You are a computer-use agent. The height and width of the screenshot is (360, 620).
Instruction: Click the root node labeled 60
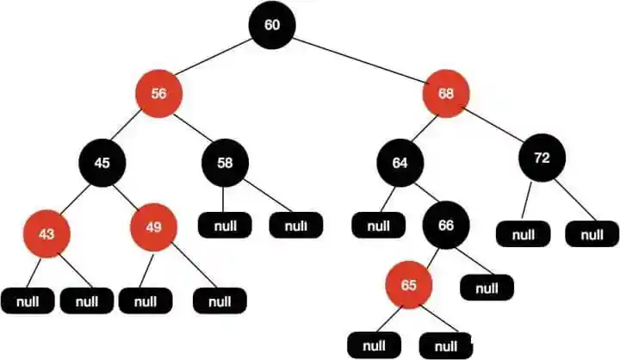click(x=272, y=25)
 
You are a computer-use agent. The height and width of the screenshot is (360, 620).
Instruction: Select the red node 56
click(x=158, y=94)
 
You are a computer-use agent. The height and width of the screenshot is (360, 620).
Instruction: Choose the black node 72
click(x=541, y=158)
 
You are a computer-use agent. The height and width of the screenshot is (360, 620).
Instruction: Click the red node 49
click(x=153, y=227)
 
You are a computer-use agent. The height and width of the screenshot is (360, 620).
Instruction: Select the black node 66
click(x=445, y=226)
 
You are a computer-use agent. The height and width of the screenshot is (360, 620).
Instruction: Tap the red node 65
click(x=408, y=284)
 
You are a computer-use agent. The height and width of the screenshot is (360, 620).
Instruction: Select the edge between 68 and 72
click(x=494, y=126)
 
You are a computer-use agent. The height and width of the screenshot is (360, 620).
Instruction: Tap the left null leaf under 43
click(x=28, y=301)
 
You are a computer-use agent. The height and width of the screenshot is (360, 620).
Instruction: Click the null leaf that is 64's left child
click(x=379, y=227)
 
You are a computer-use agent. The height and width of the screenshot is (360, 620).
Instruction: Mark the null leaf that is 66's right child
click(x=487, y=287)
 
